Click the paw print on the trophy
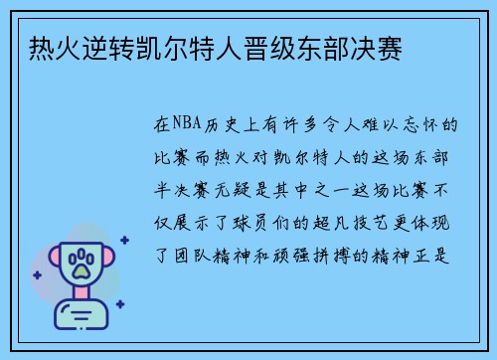point(83,264)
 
